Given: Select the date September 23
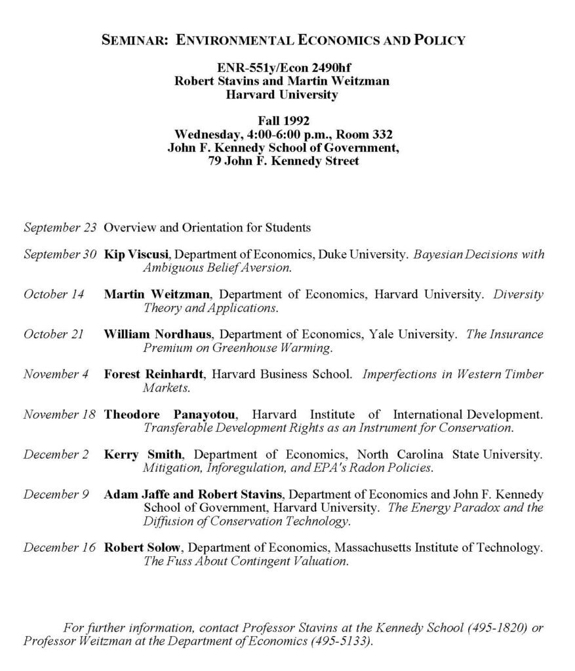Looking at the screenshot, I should pos(60,228).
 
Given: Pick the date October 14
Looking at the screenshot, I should pos(54,294).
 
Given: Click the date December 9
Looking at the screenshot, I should pos(56,494).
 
